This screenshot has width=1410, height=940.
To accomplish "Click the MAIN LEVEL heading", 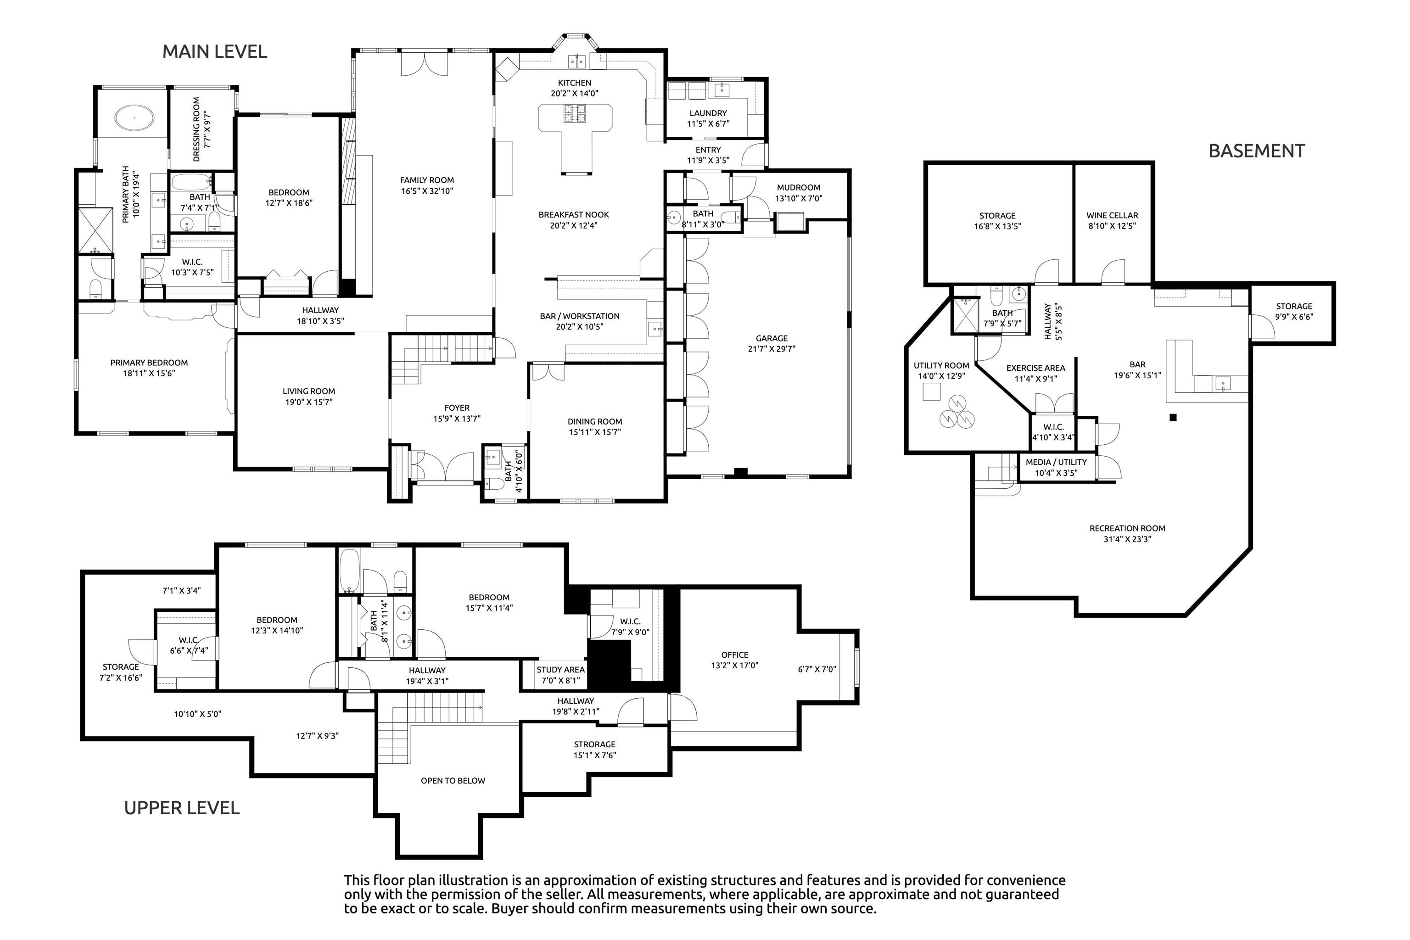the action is (x=215, y=51).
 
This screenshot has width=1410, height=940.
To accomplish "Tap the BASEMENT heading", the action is (x=1257, y=151).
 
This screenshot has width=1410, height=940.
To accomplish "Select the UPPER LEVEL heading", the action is (x=182, y=808).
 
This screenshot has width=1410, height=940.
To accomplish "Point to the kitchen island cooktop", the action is (x=574, y=113).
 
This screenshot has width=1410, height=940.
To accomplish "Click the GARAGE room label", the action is (x=772, y=338).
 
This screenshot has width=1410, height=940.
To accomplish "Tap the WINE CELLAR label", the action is (x=1112, y=215).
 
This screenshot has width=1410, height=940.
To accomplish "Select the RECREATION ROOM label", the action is (x=1127, y=528).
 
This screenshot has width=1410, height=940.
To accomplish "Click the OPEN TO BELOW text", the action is (x=453, y=781).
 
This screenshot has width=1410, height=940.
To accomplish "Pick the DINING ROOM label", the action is (x=595, y=421).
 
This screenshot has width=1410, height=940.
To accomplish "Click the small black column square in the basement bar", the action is (x=1173, y=417).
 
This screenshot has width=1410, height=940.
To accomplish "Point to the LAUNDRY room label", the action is (x=708, y=113).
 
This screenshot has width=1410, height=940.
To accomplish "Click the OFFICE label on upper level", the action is (x=735, y=655).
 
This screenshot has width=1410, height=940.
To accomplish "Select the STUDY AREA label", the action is (x=560, y=670).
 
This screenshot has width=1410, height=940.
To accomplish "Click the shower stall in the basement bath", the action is (x=965, y=315).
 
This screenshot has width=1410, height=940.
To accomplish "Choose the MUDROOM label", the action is (x=799, y=188).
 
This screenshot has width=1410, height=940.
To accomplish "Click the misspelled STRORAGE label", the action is (x=595, y=744).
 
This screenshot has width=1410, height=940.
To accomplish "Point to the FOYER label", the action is (x=457, y=408).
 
